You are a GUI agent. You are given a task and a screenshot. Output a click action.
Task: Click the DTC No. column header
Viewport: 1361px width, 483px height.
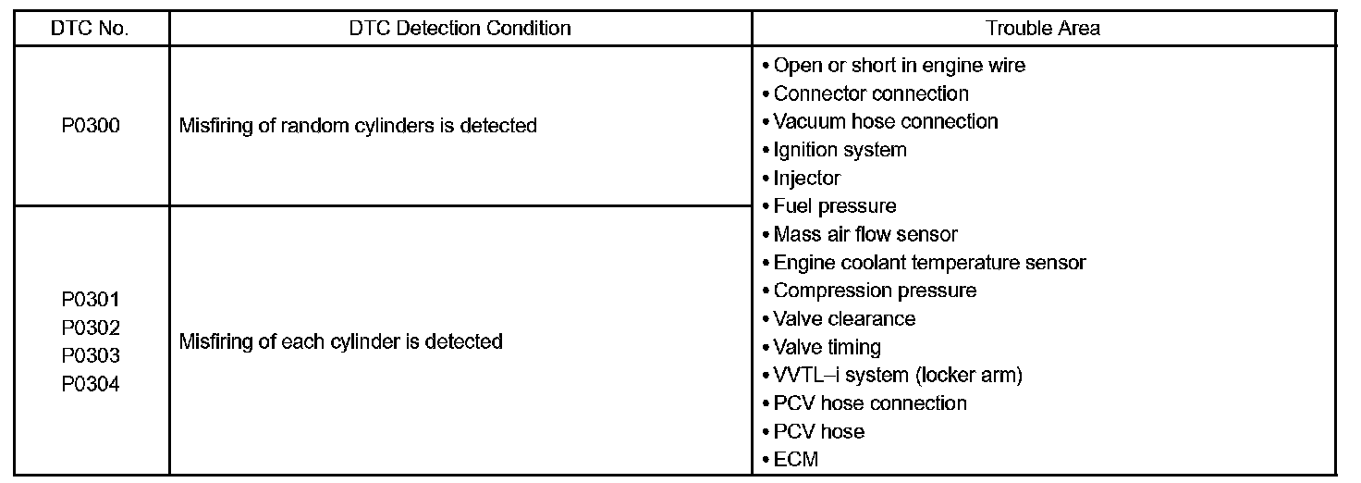click(90, 28)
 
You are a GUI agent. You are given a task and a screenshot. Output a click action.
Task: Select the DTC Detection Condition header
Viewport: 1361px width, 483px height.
click(460, 28)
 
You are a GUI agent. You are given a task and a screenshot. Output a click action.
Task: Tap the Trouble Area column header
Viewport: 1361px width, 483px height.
click(1043, 28)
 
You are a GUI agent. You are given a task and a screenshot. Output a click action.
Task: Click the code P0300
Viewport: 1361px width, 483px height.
click(90, 126)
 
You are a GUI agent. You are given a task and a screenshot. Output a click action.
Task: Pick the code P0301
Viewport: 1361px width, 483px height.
click(90, 300)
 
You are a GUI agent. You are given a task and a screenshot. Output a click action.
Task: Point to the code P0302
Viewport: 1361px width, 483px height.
click(90, 328)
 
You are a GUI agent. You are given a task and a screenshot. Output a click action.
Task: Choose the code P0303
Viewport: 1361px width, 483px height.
click(90, 356)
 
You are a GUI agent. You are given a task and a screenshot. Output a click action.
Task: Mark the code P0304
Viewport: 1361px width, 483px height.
click(90, 384)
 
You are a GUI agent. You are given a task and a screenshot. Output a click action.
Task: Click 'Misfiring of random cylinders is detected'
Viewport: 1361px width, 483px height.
click(358, 126)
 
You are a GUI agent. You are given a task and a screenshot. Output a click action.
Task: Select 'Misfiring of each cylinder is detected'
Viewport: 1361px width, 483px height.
click(340, 341)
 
